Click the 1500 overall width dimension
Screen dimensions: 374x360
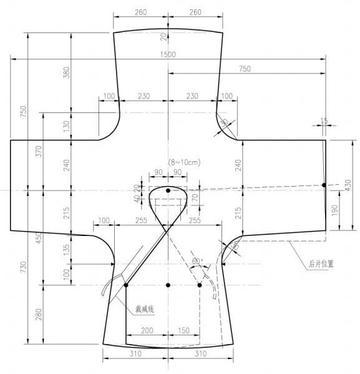[168, 54]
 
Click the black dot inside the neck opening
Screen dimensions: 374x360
[168, 190]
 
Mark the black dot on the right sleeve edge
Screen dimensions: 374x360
[323, 185]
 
